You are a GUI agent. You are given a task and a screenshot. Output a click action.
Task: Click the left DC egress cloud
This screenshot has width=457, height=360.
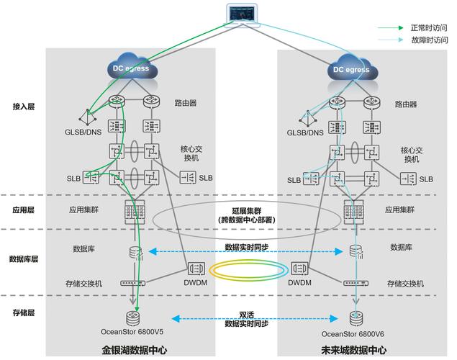[130, 68]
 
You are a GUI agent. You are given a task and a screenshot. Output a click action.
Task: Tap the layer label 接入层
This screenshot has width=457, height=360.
[23, 107]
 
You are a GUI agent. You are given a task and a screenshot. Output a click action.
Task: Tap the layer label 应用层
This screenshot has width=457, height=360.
[23, 212]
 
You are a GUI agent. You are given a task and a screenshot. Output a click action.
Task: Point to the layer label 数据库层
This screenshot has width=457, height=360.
[23, 258]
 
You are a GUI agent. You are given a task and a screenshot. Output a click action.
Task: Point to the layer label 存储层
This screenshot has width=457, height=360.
[23, 312]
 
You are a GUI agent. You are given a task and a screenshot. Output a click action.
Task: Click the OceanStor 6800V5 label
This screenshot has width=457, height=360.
[132, 332]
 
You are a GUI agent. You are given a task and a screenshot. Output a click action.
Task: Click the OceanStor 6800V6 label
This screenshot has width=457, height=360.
[353, 333]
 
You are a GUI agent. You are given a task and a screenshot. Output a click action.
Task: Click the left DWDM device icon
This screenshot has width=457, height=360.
[196, 269]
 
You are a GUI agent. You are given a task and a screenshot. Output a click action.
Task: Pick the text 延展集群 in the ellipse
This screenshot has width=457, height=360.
[246, 210]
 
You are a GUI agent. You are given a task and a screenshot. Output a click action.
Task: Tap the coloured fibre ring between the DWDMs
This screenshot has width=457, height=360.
[248, 269]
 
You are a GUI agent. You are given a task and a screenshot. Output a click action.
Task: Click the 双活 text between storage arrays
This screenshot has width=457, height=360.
[247, 315]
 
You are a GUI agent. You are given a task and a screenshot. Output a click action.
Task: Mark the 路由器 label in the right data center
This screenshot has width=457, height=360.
[406, 104]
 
